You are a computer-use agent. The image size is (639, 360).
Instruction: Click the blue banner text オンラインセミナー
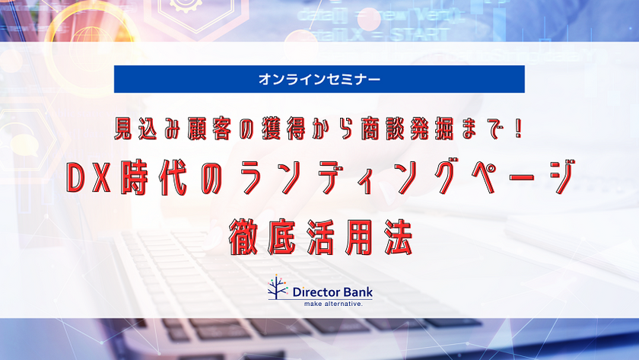pos(319,78)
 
